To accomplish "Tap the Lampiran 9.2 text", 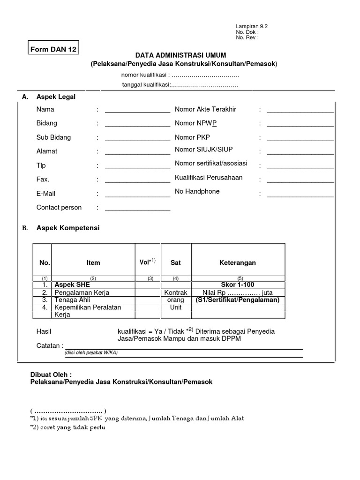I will click(x=251, y=27).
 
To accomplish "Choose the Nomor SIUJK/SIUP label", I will click(x=203, y=150).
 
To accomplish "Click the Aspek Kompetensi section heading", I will click(x=68, y=228).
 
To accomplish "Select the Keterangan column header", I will click(x=238, y=263).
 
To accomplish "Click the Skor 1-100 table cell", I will click(x=238, y=285).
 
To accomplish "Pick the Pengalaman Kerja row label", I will click(x=82, y=292).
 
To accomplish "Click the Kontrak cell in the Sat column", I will click(x=176, y=292).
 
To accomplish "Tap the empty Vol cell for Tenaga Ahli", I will click(x=148, y=300).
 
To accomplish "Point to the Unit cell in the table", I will click(x=176, y=307).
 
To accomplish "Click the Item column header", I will click(x=93, y=263).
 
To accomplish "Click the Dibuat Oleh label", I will click(x=51, y=375).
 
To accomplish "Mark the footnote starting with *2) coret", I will click(x=67, y=428).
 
